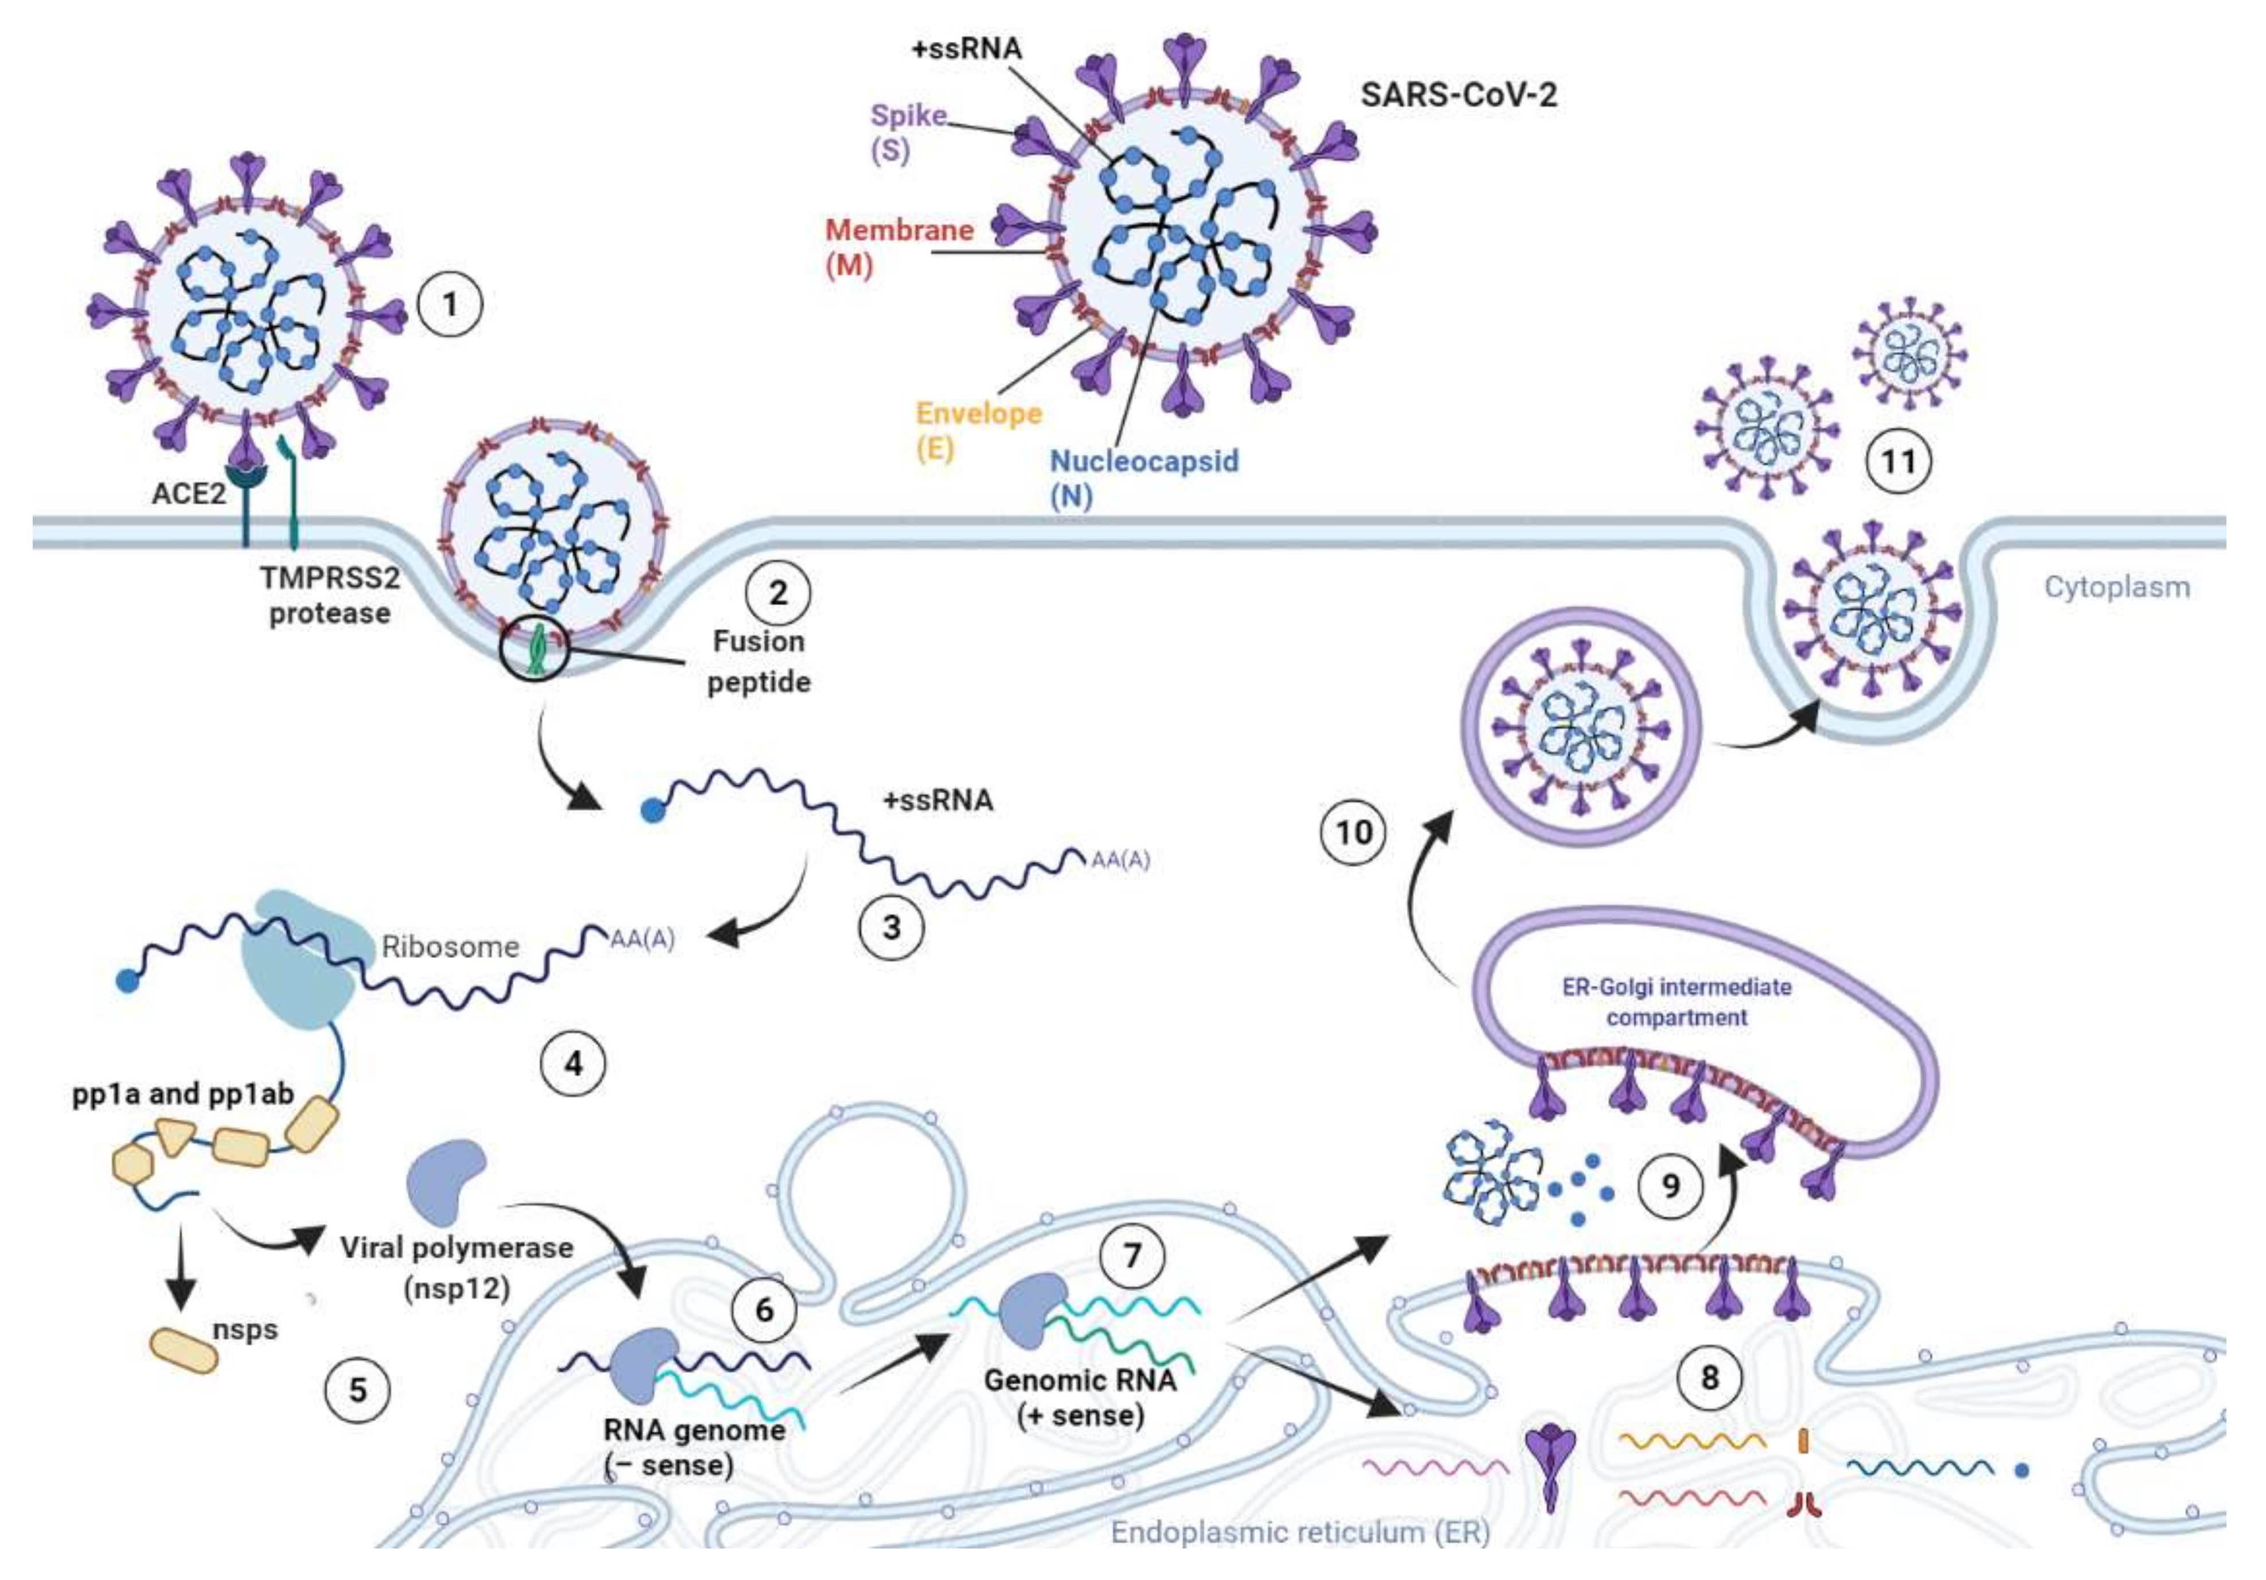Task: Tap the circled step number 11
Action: (x=1898, y=461)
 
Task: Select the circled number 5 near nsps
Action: (x=357, y=1390)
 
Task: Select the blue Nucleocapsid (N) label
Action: (x=1143, y=478)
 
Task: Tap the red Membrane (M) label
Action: (x=898, y=247)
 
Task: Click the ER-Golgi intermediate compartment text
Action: (x=1676, y=1001)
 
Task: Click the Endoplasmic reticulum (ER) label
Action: (x=1300, y=1532)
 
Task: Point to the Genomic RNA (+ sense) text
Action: (x=1080, y=1397)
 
